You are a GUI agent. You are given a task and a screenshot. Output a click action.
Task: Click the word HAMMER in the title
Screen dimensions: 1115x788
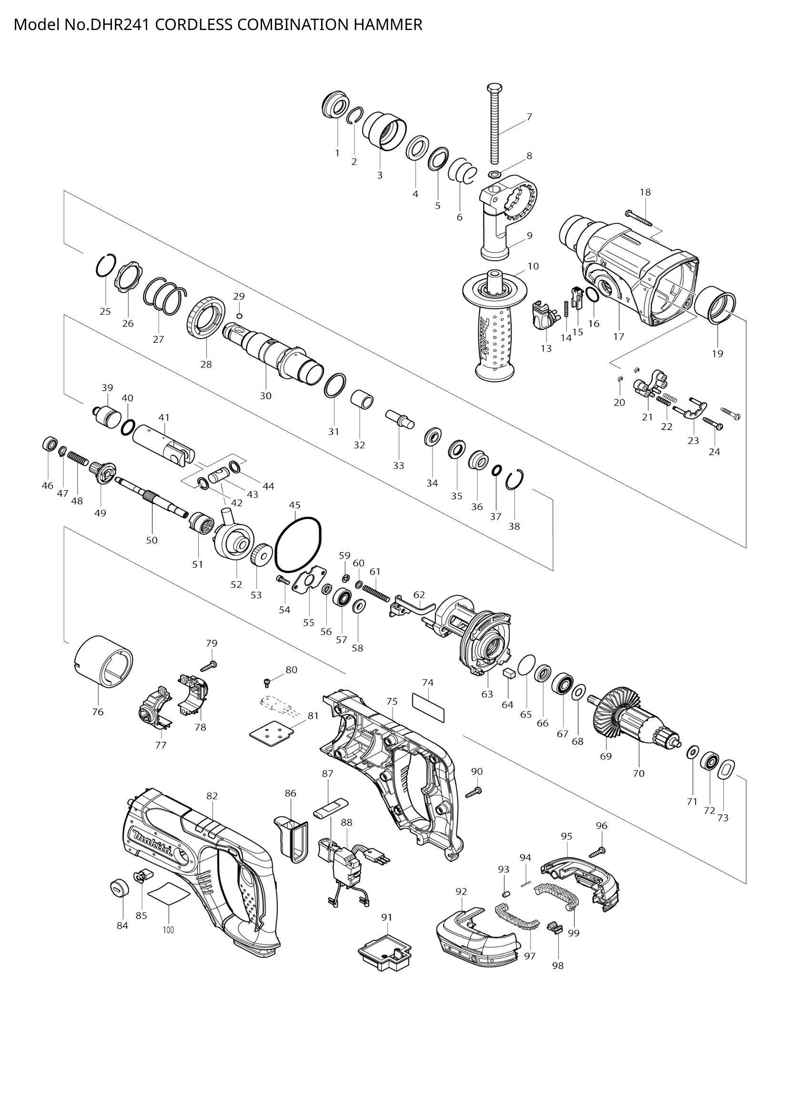(x=388, y=24)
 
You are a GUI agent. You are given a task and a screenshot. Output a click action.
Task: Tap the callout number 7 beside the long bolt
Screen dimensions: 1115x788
(x=529, y=116)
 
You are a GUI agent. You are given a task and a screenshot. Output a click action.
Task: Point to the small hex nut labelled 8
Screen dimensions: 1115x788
(x=494, y=174)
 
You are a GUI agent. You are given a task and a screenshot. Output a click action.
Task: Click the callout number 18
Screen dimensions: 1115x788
(x=645, y=192)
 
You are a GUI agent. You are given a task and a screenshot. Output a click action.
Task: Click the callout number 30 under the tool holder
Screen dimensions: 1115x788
(x=265, y=396)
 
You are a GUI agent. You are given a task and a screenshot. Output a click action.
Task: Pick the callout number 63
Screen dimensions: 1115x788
(x=487, y=694)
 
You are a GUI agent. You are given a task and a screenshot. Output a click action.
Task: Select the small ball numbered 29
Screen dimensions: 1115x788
(x=239, y=316)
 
